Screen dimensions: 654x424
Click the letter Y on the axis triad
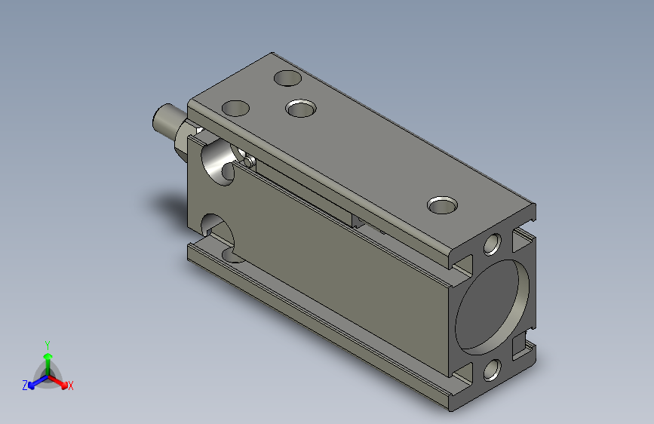pyautogui.click(x=48, y=346)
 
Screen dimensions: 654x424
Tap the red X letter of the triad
pyautogui.click(x=70, y=386)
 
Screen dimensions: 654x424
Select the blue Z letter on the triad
pyautogui.click(x=25, y=386)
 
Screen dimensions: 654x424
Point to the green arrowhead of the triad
pyautogui.click(x=48, y=356)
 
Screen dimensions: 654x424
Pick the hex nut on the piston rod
pyautogui.click(x=183, y=139)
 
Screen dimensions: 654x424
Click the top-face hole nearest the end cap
pyautogui.click(x=442, y=205)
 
